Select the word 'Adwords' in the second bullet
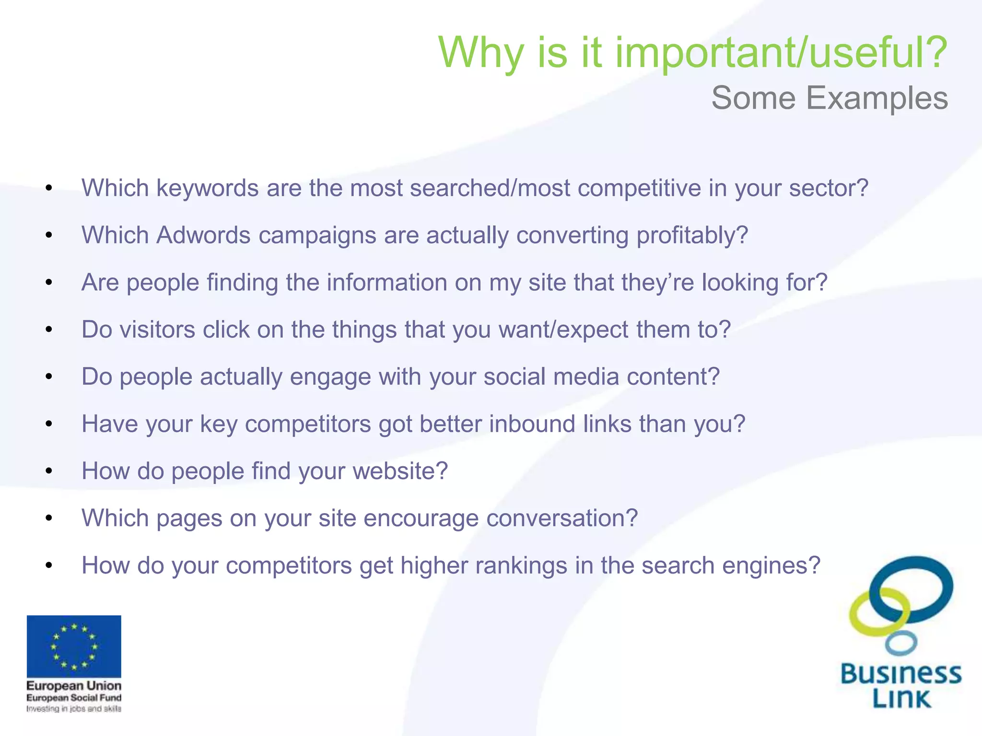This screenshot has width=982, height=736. click(203, 235)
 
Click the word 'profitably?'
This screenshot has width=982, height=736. click(692, 235)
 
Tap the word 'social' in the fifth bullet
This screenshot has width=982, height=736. click(514, 377)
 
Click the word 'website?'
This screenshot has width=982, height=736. click(400, 471)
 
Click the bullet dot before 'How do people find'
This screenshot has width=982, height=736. click(49, 471)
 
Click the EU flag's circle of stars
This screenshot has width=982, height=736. click(74, 646)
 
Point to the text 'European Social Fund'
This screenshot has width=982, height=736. click(74, 698)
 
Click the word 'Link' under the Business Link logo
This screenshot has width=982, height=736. click(901, 699)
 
